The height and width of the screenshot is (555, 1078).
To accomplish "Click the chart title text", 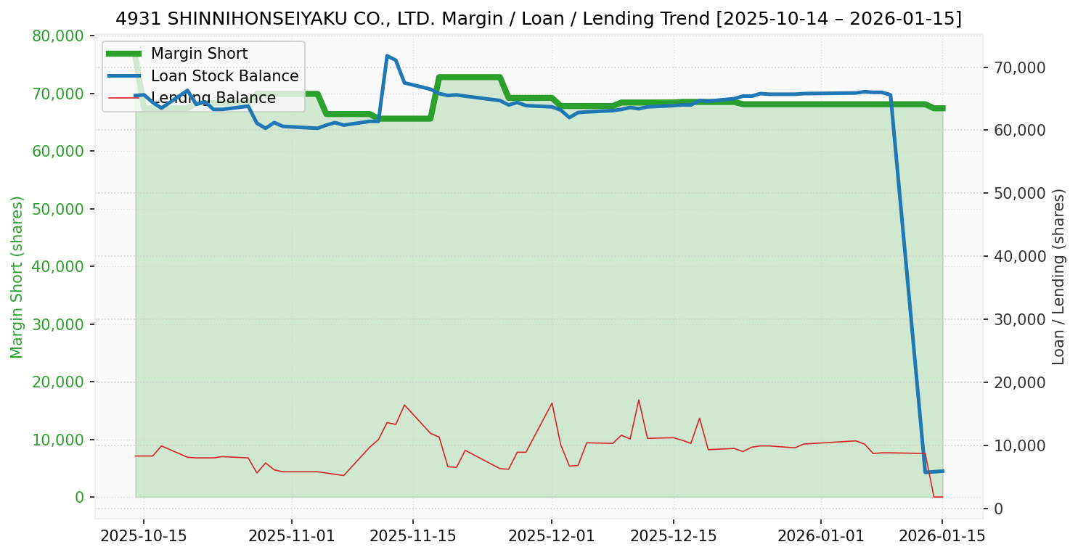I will (x=539, y=19).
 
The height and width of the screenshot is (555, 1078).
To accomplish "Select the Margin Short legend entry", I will (x=199, y=54).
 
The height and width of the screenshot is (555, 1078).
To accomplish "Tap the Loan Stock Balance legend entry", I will (x=224, y=76).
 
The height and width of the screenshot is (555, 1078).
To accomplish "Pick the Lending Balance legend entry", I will (x=213, y=98).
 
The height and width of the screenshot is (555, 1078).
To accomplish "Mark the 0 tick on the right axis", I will (x=999, y=509).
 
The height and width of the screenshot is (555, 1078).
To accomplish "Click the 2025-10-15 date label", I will (x=143, y=536).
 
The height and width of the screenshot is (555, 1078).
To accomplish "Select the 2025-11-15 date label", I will (x=412, y=536).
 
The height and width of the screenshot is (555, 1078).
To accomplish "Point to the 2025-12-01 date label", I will (x=551, y=536).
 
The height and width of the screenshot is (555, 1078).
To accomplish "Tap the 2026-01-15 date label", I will (x=942, y=536).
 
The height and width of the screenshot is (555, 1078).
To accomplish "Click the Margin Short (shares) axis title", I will (x=17, y=277).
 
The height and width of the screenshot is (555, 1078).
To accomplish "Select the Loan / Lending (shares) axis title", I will (x=1058, y=277).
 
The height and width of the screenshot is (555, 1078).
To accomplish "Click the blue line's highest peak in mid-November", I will (x=387, y=55).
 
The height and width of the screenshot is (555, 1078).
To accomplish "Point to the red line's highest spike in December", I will (x=639, y=400).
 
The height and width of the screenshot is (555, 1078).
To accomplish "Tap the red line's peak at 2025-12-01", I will (x=552, y=403).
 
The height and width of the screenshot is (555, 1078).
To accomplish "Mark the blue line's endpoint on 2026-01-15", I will (x=942, y=471).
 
